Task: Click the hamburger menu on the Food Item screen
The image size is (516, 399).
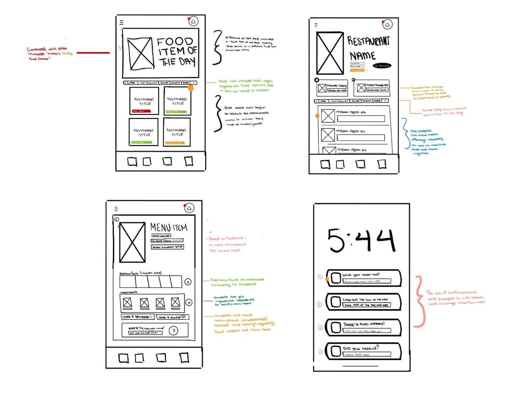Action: pos(121,23)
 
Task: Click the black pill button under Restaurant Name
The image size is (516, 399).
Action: pos(381,66)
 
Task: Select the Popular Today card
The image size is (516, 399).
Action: pos(332,89)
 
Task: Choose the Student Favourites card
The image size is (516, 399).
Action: pos(373,89)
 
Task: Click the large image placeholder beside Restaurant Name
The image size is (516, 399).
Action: pos(330,53)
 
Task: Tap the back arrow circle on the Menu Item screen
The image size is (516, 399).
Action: pos(116,219)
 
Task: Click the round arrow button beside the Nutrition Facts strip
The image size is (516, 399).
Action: pos(188,282)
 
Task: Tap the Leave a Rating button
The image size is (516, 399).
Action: pos(137,317)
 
